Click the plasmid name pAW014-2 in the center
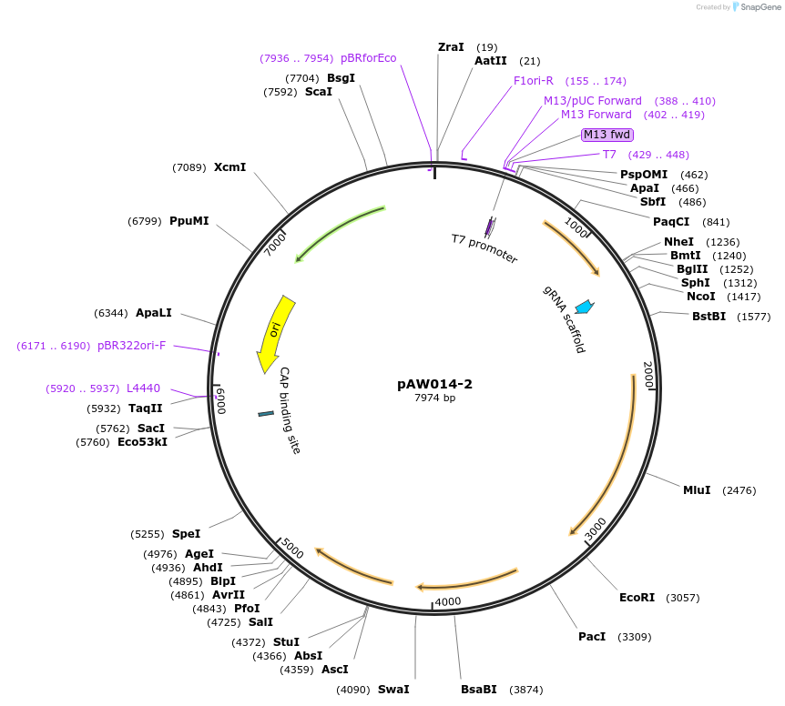tap(434, 384)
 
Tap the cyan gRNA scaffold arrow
tap(584, 307)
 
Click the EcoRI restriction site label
tap(637, 598)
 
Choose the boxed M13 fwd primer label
tap(607, 135)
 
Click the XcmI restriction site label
tap(229, 167)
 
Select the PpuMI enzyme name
tap(189, 221)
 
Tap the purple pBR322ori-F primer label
tap(132, 346)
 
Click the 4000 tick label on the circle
tap(448, 602)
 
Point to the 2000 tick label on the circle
tap(647, 375)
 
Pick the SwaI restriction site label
tap(393, 690)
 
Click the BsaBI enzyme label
tap(479, 690)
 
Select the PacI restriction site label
tap(592, 637)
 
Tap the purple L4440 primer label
tap(143, 388)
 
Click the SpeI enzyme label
tap(186, 534)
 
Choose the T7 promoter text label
tap(484, 248)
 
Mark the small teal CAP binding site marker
tap(266, 414)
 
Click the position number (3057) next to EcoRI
tap(683, 598)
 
